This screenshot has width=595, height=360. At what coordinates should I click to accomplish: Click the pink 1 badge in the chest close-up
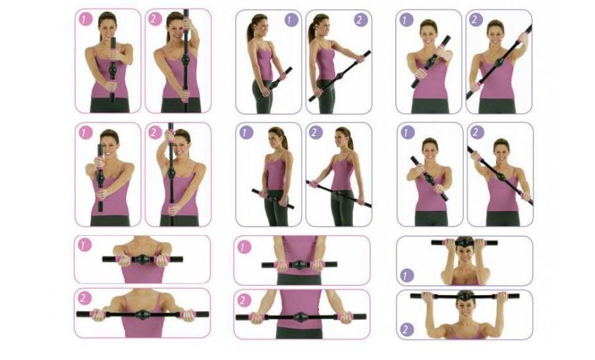(x=84, y=245)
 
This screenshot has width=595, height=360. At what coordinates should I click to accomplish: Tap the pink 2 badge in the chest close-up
(x=84, y=299)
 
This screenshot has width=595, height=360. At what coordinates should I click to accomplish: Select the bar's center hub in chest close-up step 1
(x=142, y=260)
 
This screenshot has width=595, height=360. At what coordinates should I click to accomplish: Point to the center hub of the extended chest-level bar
(x=143, y=315)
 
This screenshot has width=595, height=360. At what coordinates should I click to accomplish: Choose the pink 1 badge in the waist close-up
(x=244, y=248)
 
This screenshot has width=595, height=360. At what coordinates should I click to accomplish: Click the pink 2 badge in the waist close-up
(x=244, y=301)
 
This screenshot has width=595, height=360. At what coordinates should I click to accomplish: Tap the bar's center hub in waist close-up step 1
(x=299, y=265)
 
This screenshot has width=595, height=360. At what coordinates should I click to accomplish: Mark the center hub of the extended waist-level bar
(x=301, y=317)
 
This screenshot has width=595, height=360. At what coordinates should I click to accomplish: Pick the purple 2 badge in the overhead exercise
(x=407, y=329)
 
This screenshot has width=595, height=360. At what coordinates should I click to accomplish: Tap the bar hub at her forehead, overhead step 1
(x=464, y=243)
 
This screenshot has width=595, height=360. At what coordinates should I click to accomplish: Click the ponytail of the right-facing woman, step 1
(x=251, y=31)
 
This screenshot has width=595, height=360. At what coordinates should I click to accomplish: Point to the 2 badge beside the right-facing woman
(x=361, y=20)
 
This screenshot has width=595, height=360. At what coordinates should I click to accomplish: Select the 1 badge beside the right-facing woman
(x=292, y=20)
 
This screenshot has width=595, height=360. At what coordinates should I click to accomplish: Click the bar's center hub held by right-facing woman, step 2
(x=339, y=76)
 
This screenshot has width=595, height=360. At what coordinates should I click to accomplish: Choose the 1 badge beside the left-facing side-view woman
(x=246, y=133)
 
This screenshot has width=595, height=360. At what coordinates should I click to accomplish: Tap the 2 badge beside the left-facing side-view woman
(x=315, y=133)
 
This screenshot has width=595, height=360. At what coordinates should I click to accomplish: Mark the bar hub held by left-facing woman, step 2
(x=337, y=193)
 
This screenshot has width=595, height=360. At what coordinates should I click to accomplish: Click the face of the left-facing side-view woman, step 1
(x=275, y=139)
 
